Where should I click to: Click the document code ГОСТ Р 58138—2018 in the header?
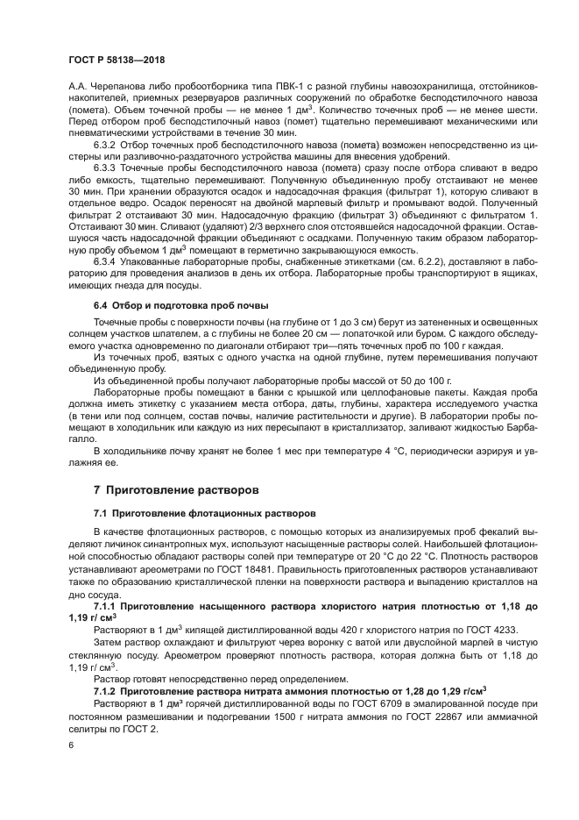117,60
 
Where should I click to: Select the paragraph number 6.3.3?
106,167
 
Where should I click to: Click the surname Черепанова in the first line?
112,86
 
